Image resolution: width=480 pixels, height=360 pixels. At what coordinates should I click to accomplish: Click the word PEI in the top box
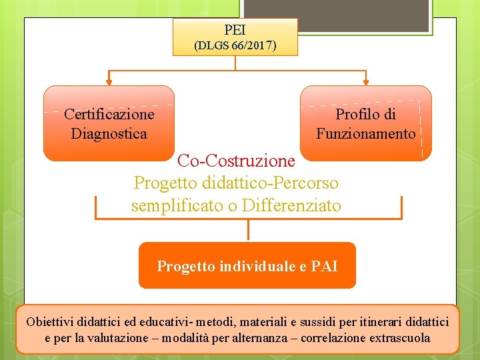point(235,30)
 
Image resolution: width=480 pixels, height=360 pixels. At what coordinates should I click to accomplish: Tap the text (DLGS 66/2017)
point(235,46)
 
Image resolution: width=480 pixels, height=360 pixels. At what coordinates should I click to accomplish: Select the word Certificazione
point(109,114)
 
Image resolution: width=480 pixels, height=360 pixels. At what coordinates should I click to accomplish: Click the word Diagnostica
point(109,133)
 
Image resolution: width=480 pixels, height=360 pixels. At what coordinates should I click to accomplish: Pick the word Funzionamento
point(366,133)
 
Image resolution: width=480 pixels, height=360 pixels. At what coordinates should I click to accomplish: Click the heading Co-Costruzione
point(236,161)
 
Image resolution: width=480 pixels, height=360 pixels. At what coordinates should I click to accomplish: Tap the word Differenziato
point(291,206)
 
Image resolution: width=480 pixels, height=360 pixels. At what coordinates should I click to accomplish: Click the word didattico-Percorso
point(270,183)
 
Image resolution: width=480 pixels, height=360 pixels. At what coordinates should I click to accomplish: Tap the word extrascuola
point(397,338)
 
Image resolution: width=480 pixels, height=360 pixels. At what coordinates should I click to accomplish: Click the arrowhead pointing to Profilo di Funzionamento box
point(366,82)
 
